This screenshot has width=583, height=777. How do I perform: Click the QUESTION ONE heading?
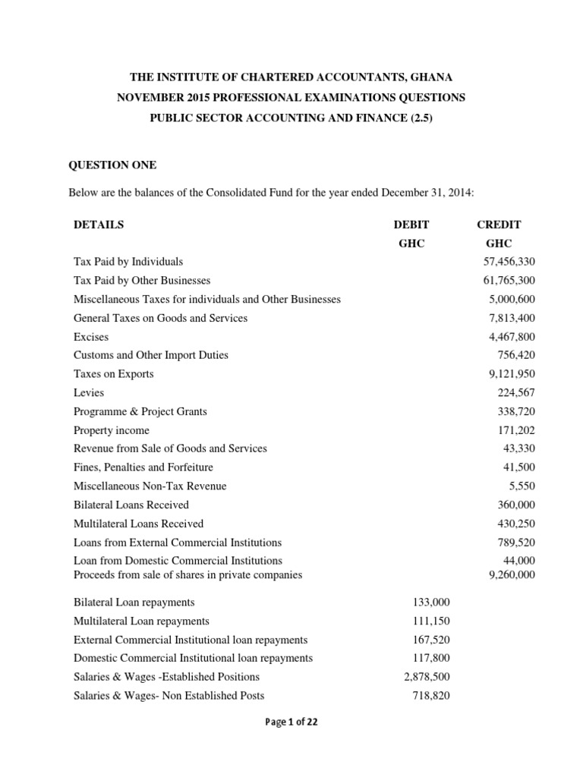[x=112, y=165]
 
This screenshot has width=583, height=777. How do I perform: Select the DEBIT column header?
[x=411, y=225]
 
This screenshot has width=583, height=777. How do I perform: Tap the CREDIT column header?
[x=498, y=225]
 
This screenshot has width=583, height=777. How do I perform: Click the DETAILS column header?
[x=99, y=225]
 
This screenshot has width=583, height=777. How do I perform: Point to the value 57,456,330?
[x=509, y=262]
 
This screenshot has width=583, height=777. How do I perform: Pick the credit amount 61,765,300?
[x=509, y=281]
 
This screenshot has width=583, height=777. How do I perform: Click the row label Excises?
[x=91, y=337]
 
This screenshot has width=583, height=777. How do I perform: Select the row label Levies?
[x=89, y=393]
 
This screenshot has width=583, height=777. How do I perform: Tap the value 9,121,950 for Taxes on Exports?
[x=512, y=374]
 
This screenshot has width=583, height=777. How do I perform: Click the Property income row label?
[x=112, y=430]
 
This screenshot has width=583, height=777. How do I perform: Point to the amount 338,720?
[x=517, y=411]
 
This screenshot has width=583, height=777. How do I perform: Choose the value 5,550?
[x=522, y=486]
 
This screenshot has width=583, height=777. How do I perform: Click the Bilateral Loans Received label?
[x=131, y=505]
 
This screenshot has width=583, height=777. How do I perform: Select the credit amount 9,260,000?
[x=512, y=574]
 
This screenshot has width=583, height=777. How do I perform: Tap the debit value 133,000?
[x=432, y=602]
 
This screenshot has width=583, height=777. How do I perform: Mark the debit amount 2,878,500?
[x=427, y=677]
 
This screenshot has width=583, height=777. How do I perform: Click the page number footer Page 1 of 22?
[x=291, y=722]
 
